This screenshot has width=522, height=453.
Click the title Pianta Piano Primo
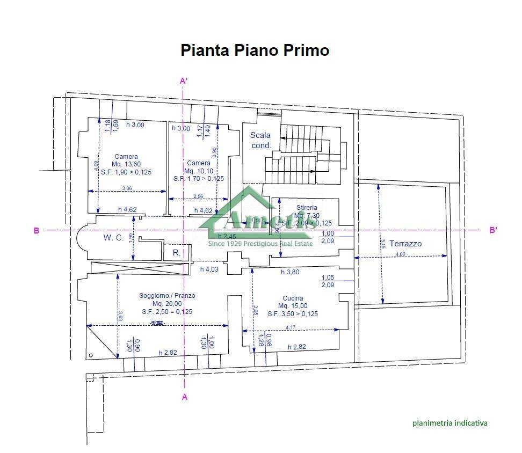255,50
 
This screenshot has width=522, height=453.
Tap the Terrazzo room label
405,243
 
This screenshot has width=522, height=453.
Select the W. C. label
114,237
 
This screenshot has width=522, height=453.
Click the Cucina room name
293,298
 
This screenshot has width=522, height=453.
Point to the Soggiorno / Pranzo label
167,295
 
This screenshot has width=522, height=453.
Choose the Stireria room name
307,207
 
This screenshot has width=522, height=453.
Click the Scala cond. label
260,140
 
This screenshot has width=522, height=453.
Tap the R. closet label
176,252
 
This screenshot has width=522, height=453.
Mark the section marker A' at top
183,81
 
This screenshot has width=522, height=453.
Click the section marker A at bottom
185,397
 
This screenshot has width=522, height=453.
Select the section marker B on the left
37,231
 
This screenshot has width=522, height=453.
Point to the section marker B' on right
493,230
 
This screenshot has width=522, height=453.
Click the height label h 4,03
209,269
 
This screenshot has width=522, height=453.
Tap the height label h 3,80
290,272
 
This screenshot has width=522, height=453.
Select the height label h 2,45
227,236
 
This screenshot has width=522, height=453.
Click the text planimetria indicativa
450,423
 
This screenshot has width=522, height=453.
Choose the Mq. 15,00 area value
293,306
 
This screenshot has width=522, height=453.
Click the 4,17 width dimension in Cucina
291,327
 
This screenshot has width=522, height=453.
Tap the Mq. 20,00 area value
167,303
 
